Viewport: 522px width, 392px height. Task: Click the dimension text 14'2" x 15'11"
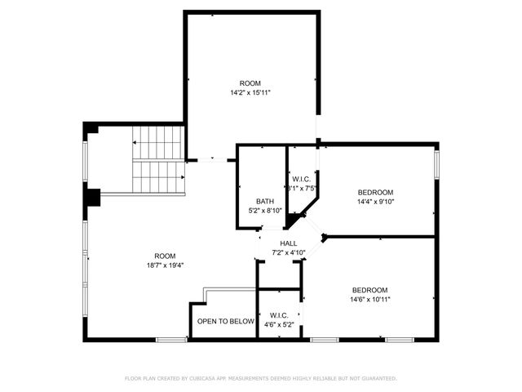pyautogui.click(x=250, y=93)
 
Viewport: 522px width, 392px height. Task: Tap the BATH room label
pyautogui.click(x=264, y=202)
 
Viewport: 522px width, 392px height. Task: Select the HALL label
pyautogui.click(x=288, y=243)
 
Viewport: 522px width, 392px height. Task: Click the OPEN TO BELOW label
pyautogui.click(x=226, y=322)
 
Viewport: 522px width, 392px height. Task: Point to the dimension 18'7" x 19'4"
pyautogui.click(x=165, y=265)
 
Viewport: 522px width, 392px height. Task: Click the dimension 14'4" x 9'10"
pyautogui.click(x=375, y=202)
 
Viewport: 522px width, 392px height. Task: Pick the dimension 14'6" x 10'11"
pyautogui.click(x=369, y=300)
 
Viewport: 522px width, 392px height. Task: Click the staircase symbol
pyautogui.click(x=157, y=159)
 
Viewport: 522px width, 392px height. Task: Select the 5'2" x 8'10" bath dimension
pyautogui.click(x=265, y=212)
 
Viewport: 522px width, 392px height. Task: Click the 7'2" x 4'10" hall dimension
pyautogui.click(x=288, y=253)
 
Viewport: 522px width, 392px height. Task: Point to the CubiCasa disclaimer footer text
pyautogui.click(x=260, y=378)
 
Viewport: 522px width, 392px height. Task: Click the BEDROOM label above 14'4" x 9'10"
pyautogui.click(x=375, y=192)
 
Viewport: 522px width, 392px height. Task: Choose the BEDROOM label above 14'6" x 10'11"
pyautogui.click(x=369, y=290)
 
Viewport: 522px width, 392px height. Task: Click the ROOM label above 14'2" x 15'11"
pyautogui.click(x=250, y=83)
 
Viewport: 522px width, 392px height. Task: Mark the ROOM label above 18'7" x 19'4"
pyautogui.click(x=165, y=255)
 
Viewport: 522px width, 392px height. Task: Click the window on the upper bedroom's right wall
pyautogui.click(x=436, y=163)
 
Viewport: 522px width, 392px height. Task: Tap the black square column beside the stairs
pyautogui.click(x=92, y=198)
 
